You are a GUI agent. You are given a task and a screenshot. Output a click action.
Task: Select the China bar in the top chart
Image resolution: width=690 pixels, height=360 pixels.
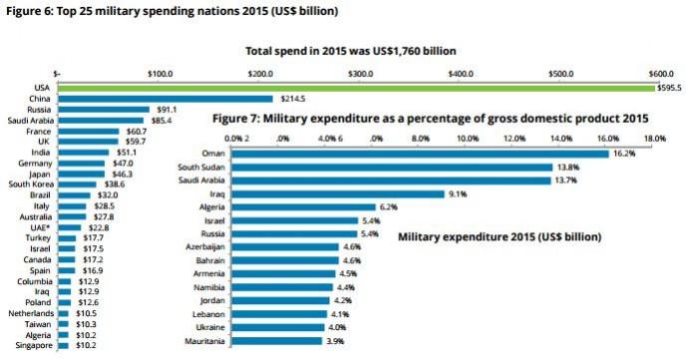tap(165, 99)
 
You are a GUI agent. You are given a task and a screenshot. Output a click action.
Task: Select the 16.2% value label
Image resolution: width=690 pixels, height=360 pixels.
tap(624, 153)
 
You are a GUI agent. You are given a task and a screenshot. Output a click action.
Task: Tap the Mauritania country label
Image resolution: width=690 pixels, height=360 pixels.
tap(204, 340)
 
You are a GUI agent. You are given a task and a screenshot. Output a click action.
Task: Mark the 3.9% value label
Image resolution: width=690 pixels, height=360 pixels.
tap(338, 340)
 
